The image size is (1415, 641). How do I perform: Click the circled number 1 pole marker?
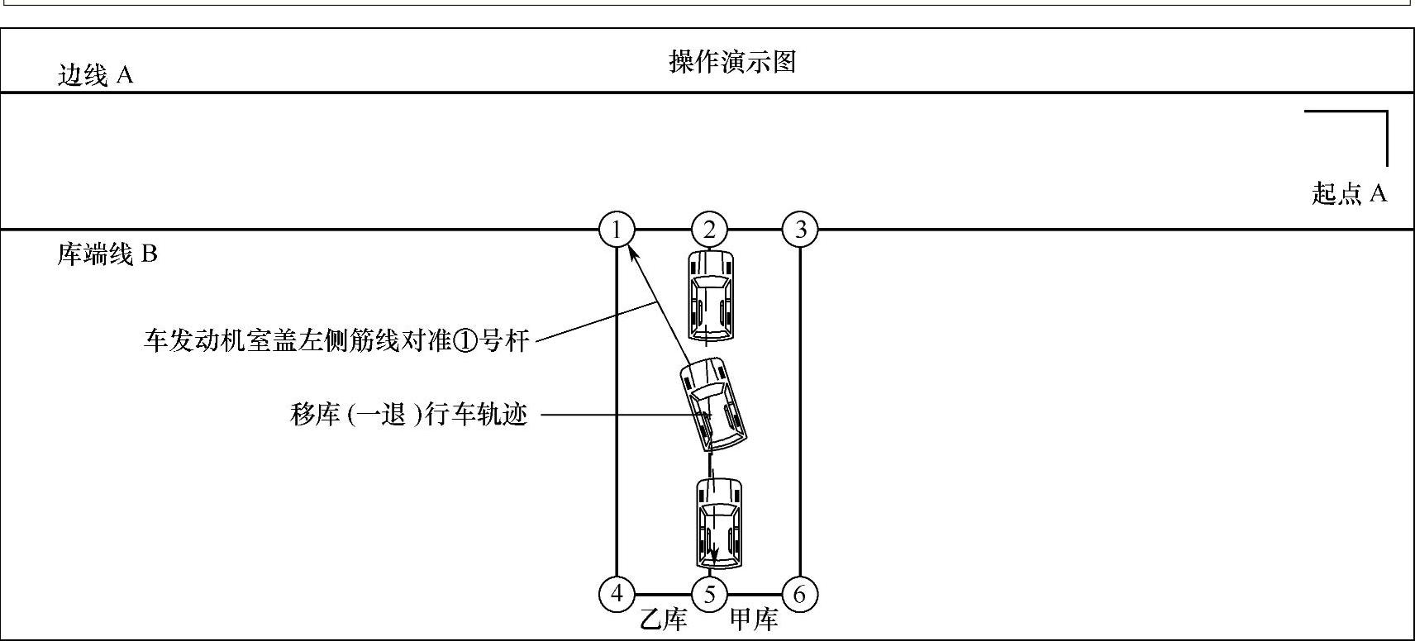[x=617, y=230]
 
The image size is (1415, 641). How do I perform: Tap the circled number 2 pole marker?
[x=709, y=230]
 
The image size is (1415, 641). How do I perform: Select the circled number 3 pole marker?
[x=800, y=230]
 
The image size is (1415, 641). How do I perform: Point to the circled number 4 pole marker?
[x=617, y=594]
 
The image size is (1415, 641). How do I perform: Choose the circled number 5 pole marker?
[x=709, y=594]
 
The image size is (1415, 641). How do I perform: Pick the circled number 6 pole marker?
[x=799, y=594]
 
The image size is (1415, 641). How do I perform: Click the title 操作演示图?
[x=732, y=61]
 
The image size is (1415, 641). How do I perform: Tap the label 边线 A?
[x=95, y=75]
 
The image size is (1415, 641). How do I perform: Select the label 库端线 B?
[x=107, y=254]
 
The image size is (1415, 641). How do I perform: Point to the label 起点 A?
[x=1349, y=193]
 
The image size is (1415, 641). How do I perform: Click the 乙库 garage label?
[x=664, y=620]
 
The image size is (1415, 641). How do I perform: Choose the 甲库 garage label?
[x=754, y=620]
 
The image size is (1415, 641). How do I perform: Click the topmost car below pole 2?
[x=711, y=295]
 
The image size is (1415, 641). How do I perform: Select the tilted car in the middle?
[x=713, y=404]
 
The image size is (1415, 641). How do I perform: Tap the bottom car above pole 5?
[x=719, y=524]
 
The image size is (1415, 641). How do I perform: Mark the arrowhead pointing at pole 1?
[x=633, y=251]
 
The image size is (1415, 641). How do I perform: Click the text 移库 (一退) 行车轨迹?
[x=408, y=414]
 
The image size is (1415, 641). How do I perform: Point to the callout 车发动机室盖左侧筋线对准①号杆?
[x=336, y=340]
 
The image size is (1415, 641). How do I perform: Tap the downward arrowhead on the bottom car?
[x=715, y=556]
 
